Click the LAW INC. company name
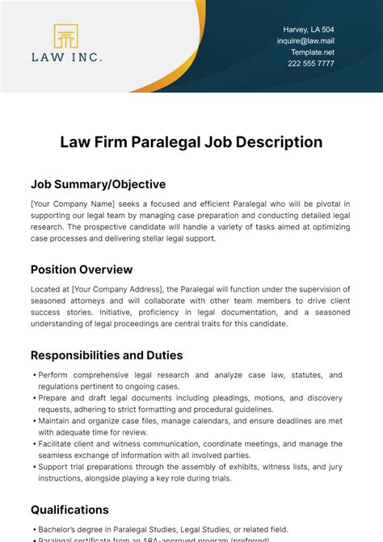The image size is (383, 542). point(66,57)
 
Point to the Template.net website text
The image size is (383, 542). point(312,52)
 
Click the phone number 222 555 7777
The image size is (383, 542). point(310,63)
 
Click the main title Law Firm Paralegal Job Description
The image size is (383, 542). point(191,142)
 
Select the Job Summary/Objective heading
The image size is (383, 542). point(98,184)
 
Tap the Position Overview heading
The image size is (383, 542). point(82,270)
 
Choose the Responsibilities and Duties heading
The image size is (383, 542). point(107,355)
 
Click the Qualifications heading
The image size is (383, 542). point(69,509)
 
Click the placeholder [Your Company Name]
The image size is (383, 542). point(73,204)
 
